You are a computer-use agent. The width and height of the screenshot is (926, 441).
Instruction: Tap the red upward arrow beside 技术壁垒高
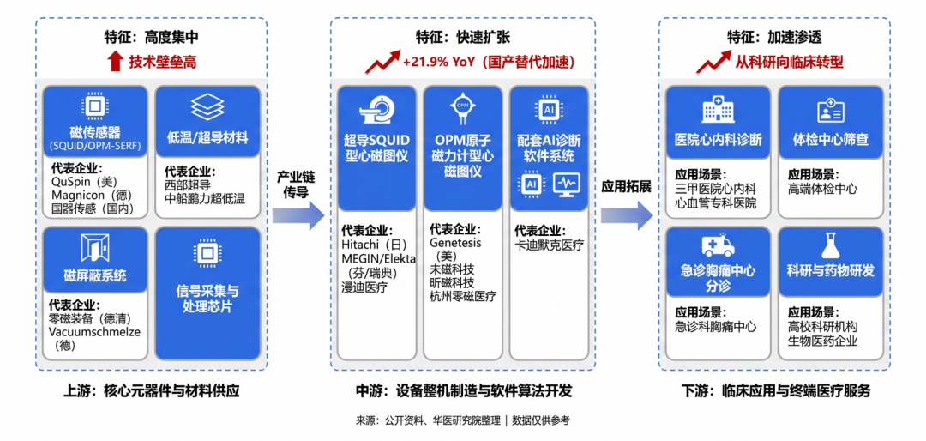(x=116, y=62)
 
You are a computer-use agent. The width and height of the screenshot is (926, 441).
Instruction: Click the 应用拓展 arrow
(x=627, y=215)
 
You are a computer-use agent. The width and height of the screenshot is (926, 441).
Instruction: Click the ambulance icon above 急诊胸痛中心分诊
(x=718, y=245)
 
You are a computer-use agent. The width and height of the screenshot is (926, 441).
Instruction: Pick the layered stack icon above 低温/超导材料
(x=207, y=107)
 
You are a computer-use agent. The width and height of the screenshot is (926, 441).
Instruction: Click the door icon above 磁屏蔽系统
(x=95, y=247)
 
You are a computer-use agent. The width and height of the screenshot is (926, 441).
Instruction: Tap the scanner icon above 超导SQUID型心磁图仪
(x=376, y=110)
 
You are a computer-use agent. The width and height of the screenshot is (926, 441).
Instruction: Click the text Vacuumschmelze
(x=94, y=332)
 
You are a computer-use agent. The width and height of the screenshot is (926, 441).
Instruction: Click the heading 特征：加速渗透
(x=774, y=37)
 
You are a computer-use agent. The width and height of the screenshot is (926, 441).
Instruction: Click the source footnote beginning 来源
(x=462, y=420)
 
